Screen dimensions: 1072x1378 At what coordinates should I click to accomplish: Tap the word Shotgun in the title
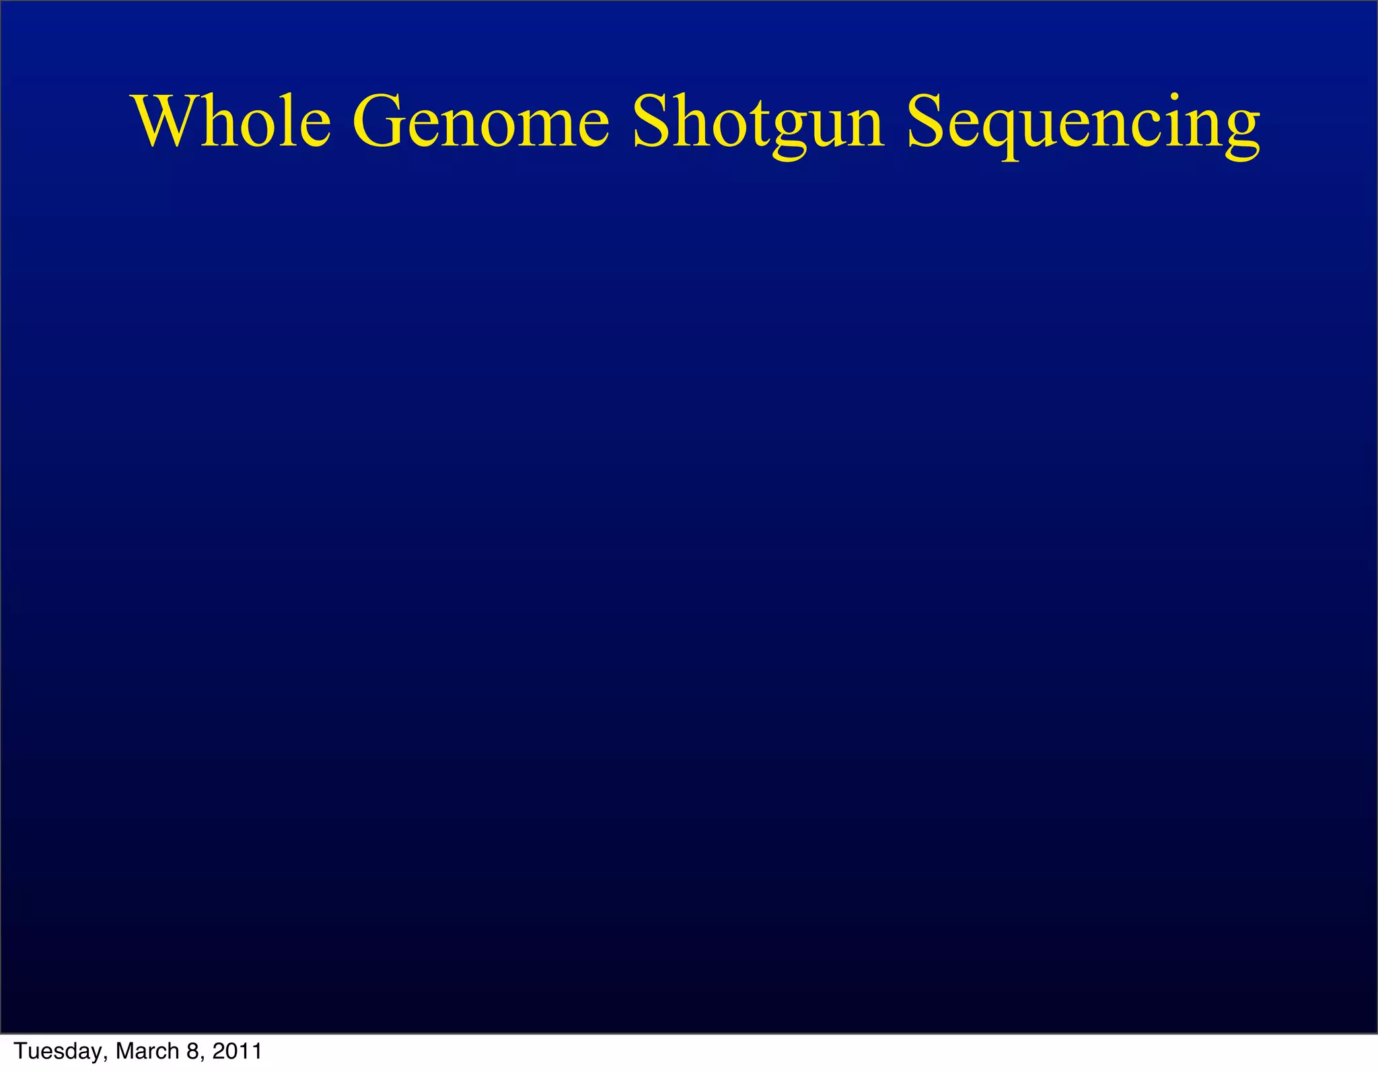758,122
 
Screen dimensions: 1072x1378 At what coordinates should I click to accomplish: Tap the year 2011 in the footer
237,1051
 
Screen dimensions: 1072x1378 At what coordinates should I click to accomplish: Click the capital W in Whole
168,121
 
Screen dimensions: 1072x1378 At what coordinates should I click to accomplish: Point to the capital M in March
125,1051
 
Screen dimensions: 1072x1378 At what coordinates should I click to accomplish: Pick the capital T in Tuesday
21,1051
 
